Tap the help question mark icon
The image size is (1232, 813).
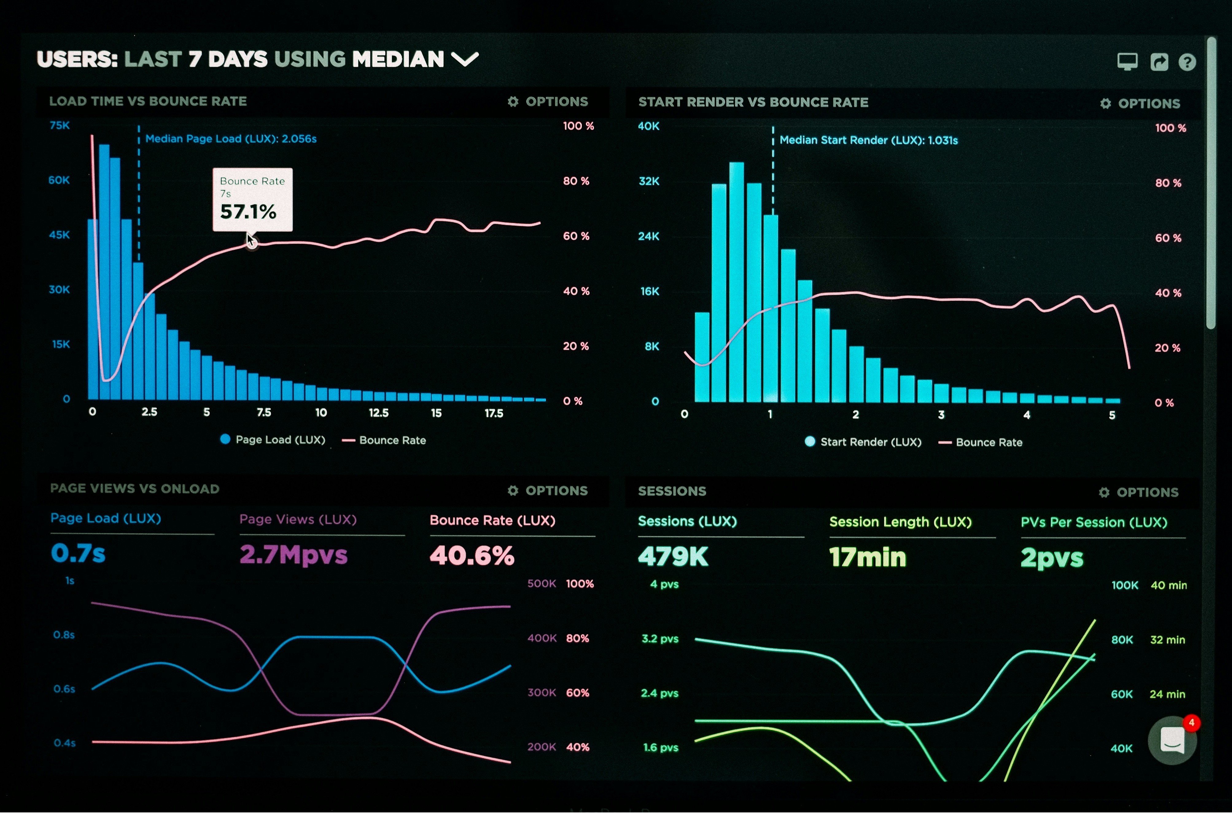(1187, 62)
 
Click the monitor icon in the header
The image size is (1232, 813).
(1127, 62)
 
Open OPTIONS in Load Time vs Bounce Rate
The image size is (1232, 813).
(549, 102)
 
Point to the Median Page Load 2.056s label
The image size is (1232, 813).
(231, 139)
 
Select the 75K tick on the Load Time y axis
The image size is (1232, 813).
(60, 126)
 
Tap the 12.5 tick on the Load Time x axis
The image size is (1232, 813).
(379, 413)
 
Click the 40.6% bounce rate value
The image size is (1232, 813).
(472, 556)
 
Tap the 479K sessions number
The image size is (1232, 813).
(673, 557)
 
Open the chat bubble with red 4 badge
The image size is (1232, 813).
(1172, 740)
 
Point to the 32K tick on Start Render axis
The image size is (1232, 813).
(649, 181)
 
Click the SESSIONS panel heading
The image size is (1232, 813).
(672, 491)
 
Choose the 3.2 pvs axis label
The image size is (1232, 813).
(660, 639)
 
